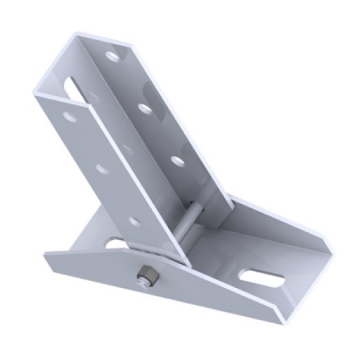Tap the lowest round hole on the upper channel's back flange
tap(178, 161)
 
